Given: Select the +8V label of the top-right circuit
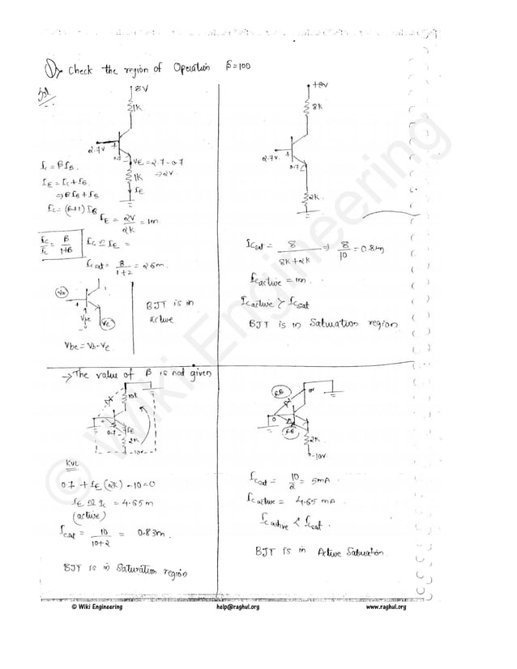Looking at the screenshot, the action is click(x=321, y=83).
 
